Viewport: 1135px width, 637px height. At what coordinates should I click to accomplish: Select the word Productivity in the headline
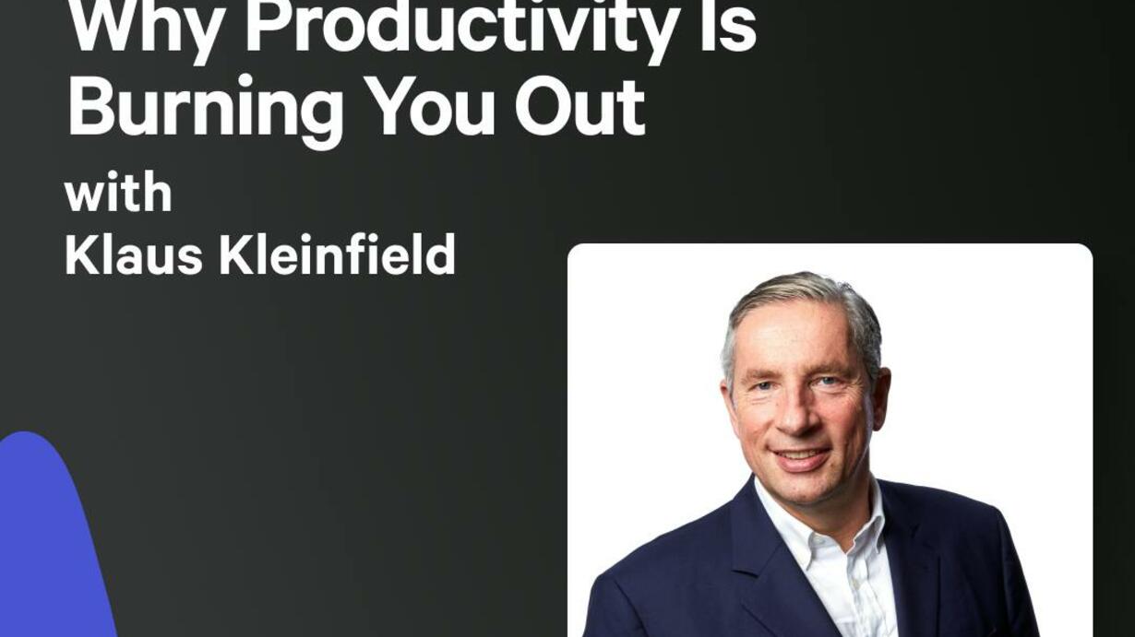pyautogui.click(x=460, y=28)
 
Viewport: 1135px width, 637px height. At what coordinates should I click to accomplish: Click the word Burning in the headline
pyautogui.click(x=206, y=110)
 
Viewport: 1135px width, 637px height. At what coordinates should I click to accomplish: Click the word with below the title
pyautogui.click(x=118, y=192)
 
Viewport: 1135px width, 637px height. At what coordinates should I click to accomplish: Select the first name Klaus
pyautogui.click(x=134, y=254)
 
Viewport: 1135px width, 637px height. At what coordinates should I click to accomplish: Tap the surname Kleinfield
pyautogui.click(x=337, y=254)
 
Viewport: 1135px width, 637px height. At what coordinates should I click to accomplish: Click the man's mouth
pyautogui.click(x=801, y=456)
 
